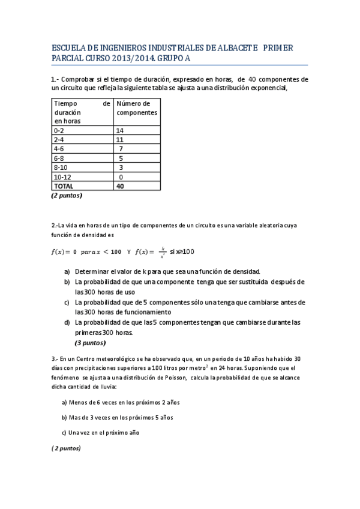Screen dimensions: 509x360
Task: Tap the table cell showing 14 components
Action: tap(120, 130)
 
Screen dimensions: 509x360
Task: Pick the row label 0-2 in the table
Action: tap(59, 130)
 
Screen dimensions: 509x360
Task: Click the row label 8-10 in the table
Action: tap(61, 167)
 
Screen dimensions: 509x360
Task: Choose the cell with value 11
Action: tap(120, 139)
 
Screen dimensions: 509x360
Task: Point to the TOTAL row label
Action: tap(64, 186)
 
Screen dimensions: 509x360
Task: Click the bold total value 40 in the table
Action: tap(120, 186)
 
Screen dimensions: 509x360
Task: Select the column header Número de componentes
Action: tap(137, 108)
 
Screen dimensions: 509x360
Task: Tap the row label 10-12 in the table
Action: tap(62, 177)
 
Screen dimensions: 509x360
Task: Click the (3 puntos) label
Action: tap(90, 343)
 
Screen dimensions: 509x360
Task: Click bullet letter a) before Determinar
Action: tap(67, 271)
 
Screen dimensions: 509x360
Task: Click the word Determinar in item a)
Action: tap(95, 271)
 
